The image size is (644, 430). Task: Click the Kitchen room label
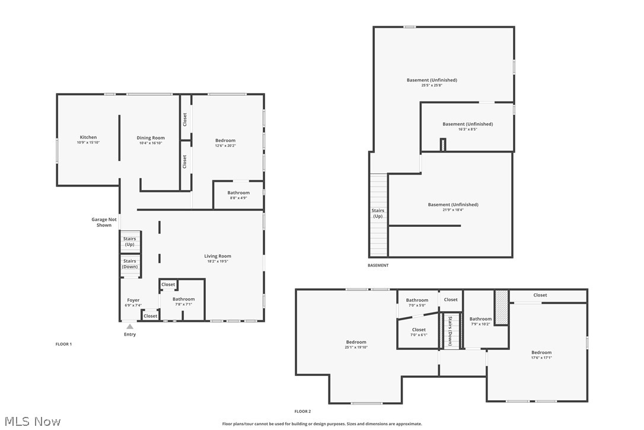(x=88, y=138)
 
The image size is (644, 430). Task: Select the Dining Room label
(x=151, y=138)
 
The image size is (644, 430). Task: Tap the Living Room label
(x=218, y=257)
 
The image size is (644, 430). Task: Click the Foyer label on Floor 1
(x=133, y=301)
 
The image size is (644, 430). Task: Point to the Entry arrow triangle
(x=130, y=326)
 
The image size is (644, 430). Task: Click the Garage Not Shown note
(x=104, y=222)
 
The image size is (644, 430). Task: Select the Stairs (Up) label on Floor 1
(x=129, y=241)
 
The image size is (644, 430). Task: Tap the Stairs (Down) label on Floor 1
(x=129, y=264)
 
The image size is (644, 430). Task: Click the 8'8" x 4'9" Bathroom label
(x=238, y=193)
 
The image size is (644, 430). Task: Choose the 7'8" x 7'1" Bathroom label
(x=184, y=299)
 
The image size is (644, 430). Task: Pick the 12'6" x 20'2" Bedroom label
(x=225, y=141)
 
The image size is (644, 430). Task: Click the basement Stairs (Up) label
(x=378, y=213)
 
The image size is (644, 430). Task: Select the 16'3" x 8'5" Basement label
(x=467, y=124)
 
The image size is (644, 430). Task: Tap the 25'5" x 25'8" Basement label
(x=432, y=80)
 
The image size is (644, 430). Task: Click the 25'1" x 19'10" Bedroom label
(x=356, y=342)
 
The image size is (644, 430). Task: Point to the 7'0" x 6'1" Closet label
(x=419, y=330)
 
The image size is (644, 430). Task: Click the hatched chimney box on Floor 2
(x=502, y=307)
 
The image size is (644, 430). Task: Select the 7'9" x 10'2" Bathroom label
(x=480, y=319)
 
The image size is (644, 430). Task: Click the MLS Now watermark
(x=31, y=422)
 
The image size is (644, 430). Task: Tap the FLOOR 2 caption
(x=302, y=411)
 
